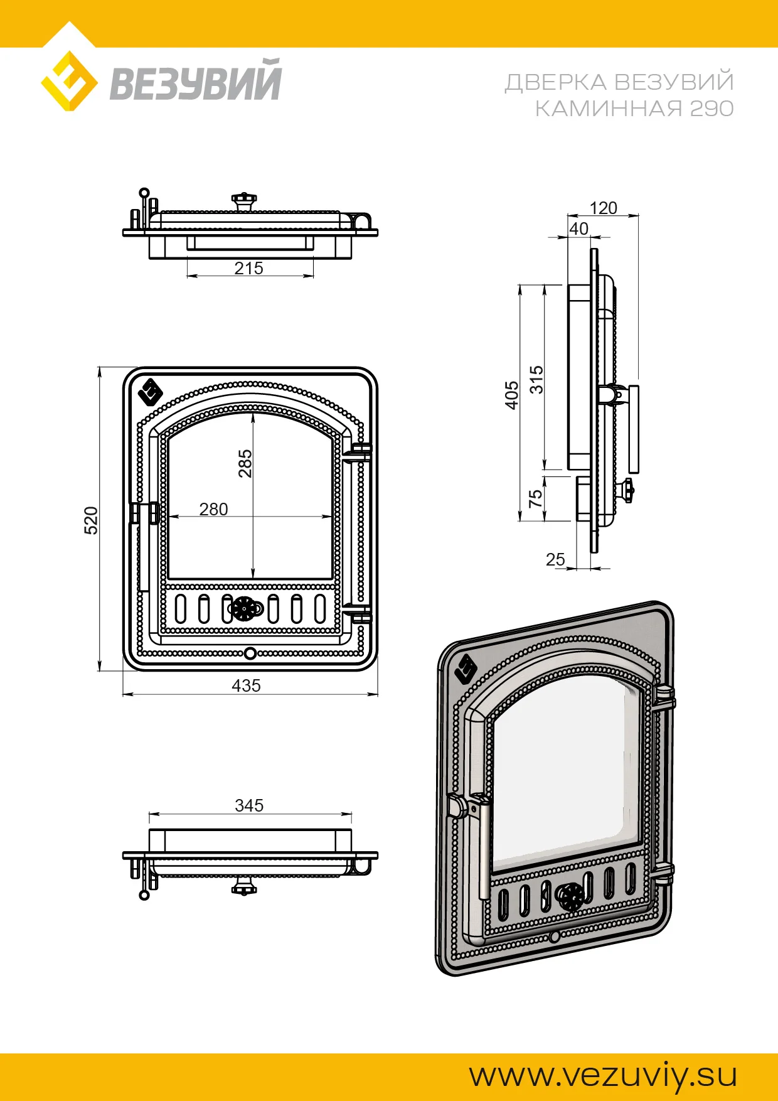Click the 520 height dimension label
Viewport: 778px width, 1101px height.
click(92, 520)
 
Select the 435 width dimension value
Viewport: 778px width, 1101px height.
click(246, 685)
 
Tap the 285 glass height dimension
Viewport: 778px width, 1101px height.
click(245, 463)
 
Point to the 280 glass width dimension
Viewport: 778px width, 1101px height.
click(213, 509)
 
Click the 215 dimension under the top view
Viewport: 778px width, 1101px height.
click(248, 268)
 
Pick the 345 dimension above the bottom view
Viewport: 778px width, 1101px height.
click(249, 805)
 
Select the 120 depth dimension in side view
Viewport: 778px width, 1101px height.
click(603, 208)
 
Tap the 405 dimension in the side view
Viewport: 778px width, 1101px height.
click(512, 395)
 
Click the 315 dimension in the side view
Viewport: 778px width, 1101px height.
click(536, 380)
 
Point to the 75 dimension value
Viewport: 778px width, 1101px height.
click(535, 499)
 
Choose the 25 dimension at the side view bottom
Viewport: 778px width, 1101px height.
click(555, 559)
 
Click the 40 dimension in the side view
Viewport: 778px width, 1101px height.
click(579, 228)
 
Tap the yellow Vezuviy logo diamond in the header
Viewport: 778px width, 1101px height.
click(69, 82)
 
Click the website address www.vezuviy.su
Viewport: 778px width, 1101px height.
click(603, 1075)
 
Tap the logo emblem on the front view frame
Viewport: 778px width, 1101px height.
click(151, 393)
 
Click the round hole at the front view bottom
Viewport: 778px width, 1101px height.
click(250, 653)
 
